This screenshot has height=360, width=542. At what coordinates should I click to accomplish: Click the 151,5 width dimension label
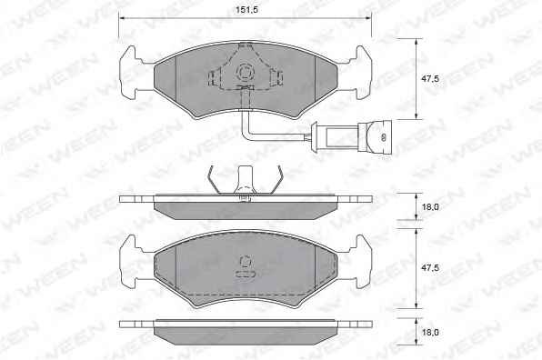pos(246,9)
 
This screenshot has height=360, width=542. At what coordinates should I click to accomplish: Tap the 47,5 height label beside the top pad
pos(429,79)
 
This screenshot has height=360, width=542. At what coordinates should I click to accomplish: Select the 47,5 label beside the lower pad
pos(429,268)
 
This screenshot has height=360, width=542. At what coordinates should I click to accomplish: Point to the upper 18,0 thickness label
pos(430,207)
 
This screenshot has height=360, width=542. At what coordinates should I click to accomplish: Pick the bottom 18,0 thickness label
pos(430,333)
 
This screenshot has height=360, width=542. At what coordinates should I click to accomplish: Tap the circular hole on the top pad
pos(245,73)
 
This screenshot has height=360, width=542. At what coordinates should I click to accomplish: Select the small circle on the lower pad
pos(245,262)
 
